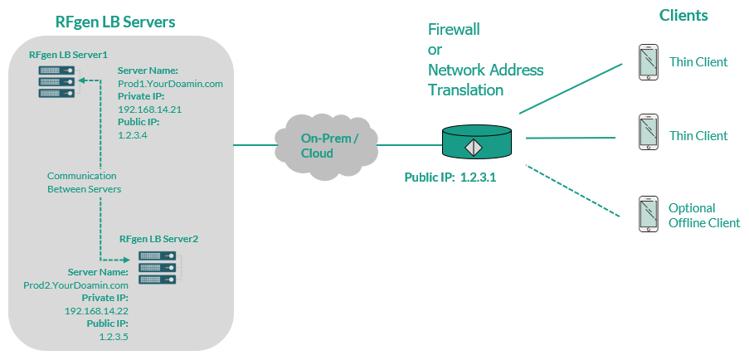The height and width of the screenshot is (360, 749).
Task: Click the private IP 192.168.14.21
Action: [x=149, y=109]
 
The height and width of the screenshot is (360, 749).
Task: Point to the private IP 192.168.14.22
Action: [x=96, y=310]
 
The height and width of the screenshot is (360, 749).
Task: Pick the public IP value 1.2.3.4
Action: [x=133, y=134]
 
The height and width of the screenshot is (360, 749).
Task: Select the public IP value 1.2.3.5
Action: [x=113, y=336]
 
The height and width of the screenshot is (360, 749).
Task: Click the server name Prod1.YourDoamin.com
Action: [x=170, y=84]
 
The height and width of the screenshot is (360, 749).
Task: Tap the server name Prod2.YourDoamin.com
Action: [x=76, y=285]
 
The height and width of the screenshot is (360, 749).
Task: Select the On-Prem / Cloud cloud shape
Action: [x=328, y=146]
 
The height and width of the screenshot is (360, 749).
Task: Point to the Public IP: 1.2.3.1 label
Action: [x=450, y=178]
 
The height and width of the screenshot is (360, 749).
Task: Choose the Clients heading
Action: [x=683, y=16]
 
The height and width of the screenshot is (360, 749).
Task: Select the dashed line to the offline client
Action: [x=572, y=192]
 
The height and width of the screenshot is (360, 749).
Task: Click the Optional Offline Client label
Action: [x=703, y=216]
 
